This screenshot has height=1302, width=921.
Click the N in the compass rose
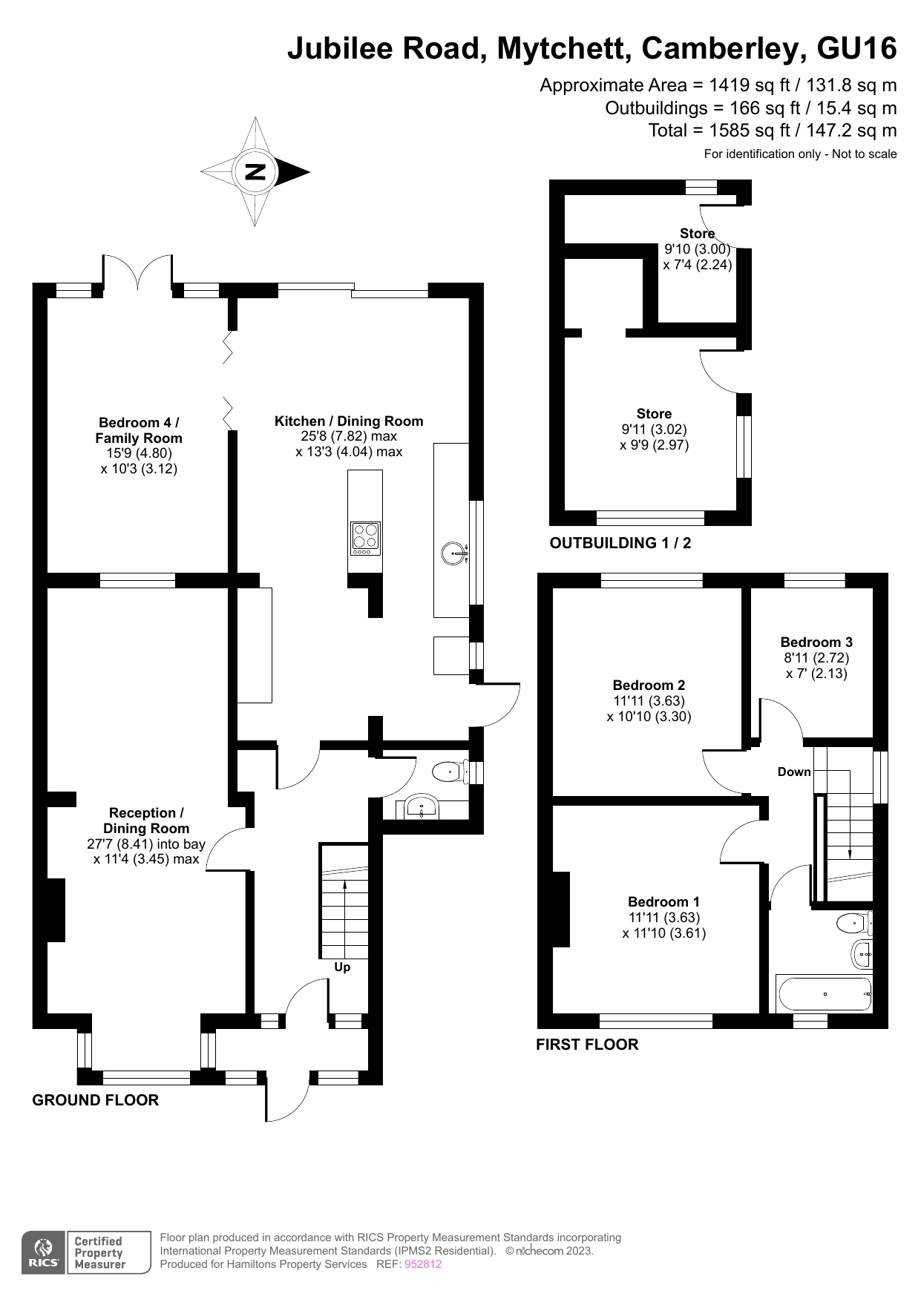[255, 172]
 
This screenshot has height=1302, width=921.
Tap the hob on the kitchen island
[365, 539]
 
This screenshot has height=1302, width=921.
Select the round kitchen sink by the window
[453, 552]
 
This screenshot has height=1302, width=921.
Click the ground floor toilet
[448, 772]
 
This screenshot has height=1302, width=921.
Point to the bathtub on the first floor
[824, 993]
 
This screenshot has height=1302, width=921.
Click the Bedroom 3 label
[816, 642]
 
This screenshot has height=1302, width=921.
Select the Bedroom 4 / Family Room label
[139, 430]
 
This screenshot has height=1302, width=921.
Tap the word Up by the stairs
[342, 967]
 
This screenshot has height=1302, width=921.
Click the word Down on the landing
[794, 772]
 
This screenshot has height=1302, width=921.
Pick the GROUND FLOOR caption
[96, 1100]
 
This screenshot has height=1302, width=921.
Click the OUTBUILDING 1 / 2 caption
[620, 543]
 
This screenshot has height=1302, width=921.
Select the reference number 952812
[423, 1264]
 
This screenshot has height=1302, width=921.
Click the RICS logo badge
[44, 1252]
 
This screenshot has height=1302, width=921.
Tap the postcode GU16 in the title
[856, 49]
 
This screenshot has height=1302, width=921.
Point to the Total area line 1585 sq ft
[772, 131]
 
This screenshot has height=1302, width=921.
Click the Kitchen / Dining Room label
[349, 421]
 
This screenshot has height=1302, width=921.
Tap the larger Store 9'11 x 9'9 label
[654, 414]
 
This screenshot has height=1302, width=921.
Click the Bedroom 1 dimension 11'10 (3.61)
[664, 933]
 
